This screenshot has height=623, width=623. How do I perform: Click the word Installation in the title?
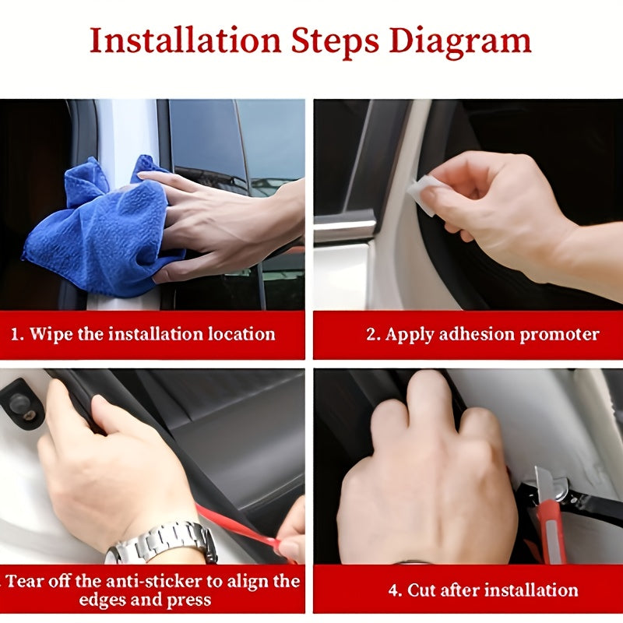(185, 40)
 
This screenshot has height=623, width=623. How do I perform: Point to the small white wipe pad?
(422, 195)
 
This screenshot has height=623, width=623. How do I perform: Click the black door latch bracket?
(21, 403)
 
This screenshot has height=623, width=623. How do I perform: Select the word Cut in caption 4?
(421, 590)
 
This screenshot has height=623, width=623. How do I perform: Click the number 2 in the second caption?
(371, 334)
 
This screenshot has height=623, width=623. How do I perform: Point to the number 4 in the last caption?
(394, 590)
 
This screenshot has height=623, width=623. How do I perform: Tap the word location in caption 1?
(242, 334)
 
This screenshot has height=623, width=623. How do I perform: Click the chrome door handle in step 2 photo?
(345, 226)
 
